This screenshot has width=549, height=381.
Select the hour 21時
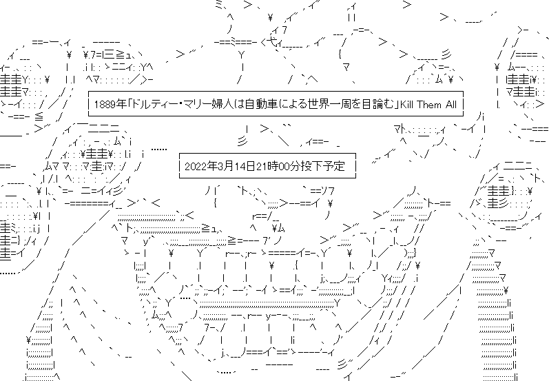tap(273, 167)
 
